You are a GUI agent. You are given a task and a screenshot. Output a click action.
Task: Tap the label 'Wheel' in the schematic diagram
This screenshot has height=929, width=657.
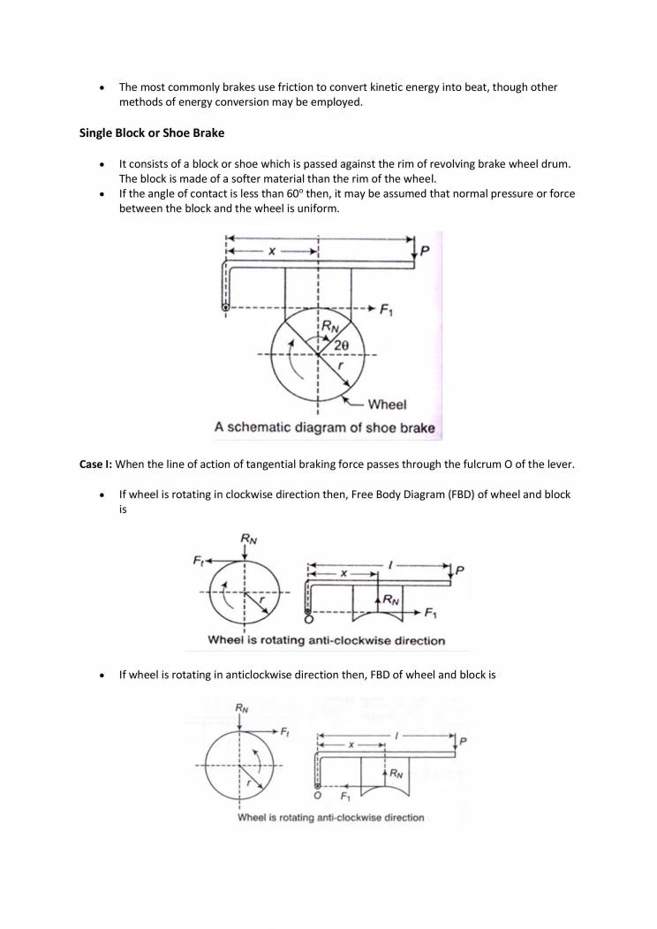click(387, 404)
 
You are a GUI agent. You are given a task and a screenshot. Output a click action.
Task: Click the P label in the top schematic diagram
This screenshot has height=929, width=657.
click(425, 252)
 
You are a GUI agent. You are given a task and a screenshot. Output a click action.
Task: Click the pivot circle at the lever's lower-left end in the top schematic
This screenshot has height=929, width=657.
click(226, 308)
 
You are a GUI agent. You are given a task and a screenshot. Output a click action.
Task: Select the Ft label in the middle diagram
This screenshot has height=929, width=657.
click(199, 560)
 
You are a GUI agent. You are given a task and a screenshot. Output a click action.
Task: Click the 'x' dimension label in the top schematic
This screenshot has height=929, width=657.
click(273, 252)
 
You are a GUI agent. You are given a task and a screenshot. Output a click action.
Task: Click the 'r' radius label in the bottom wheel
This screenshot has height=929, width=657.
click(251, 782)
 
